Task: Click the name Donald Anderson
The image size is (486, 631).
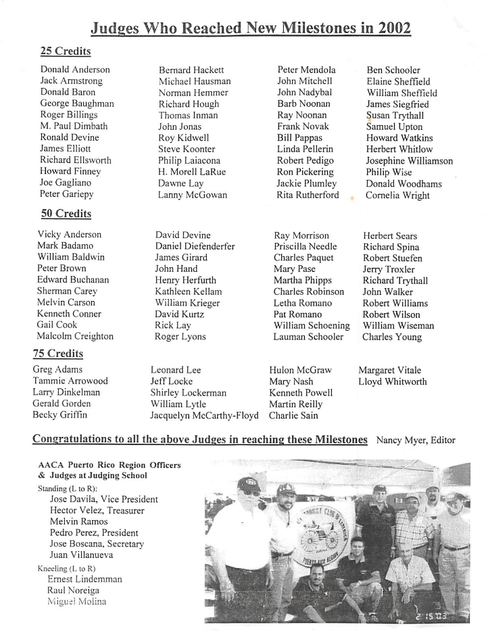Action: click(x=74, y=70)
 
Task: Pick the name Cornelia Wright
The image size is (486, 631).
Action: click(x=397, y=195)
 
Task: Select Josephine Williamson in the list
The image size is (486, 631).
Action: click(x=410, y=161)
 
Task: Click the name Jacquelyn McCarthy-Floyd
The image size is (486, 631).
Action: click(x=204, y=415)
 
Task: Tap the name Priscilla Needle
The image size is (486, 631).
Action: click(x=305, y=247)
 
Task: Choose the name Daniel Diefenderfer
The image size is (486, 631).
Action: click(x=195, y=247)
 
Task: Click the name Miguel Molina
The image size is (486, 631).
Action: click(x=76, y=602)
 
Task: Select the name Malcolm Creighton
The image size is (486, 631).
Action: click(x=75, y=336)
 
